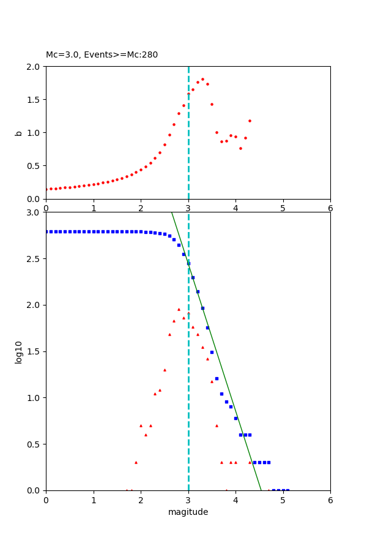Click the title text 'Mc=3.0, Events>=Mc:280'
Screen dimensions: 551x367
(x=102, y=55)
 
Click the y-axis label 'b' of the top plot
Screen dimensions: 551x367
(x=18, y=132)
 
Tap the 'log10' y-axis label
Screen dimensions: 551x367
(x=18, y=352)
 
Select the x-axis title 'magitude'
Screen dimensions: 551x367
(x=188, y=512)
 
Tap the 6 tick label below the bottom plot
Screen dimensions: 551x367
(x=330, y=500)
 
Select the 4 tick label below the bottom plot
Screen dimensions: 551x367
(x=235, y=500)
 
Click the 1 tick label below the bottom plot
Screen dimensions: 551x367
(x=94, y=500)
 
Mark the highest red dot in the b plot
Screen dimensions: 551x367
(x=202, y=79)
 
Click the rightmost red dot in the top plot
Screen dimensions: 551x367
(x=250, y=121)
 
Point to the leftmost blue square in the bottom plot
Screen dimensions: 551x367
(x=46, y=231)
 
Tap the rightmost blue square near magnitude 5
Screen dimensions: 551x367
(x=287, y=490)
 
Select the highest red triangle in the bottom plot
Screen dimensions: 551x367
(x=179, y=309)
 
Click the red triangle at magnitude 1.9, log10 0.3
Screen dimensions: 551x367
(x=136, y=462)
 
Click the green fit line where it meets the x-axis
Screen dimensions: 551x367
(x=261, y=490)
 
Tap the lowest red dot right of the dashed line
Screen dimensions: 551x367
(x=240, y=148)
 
